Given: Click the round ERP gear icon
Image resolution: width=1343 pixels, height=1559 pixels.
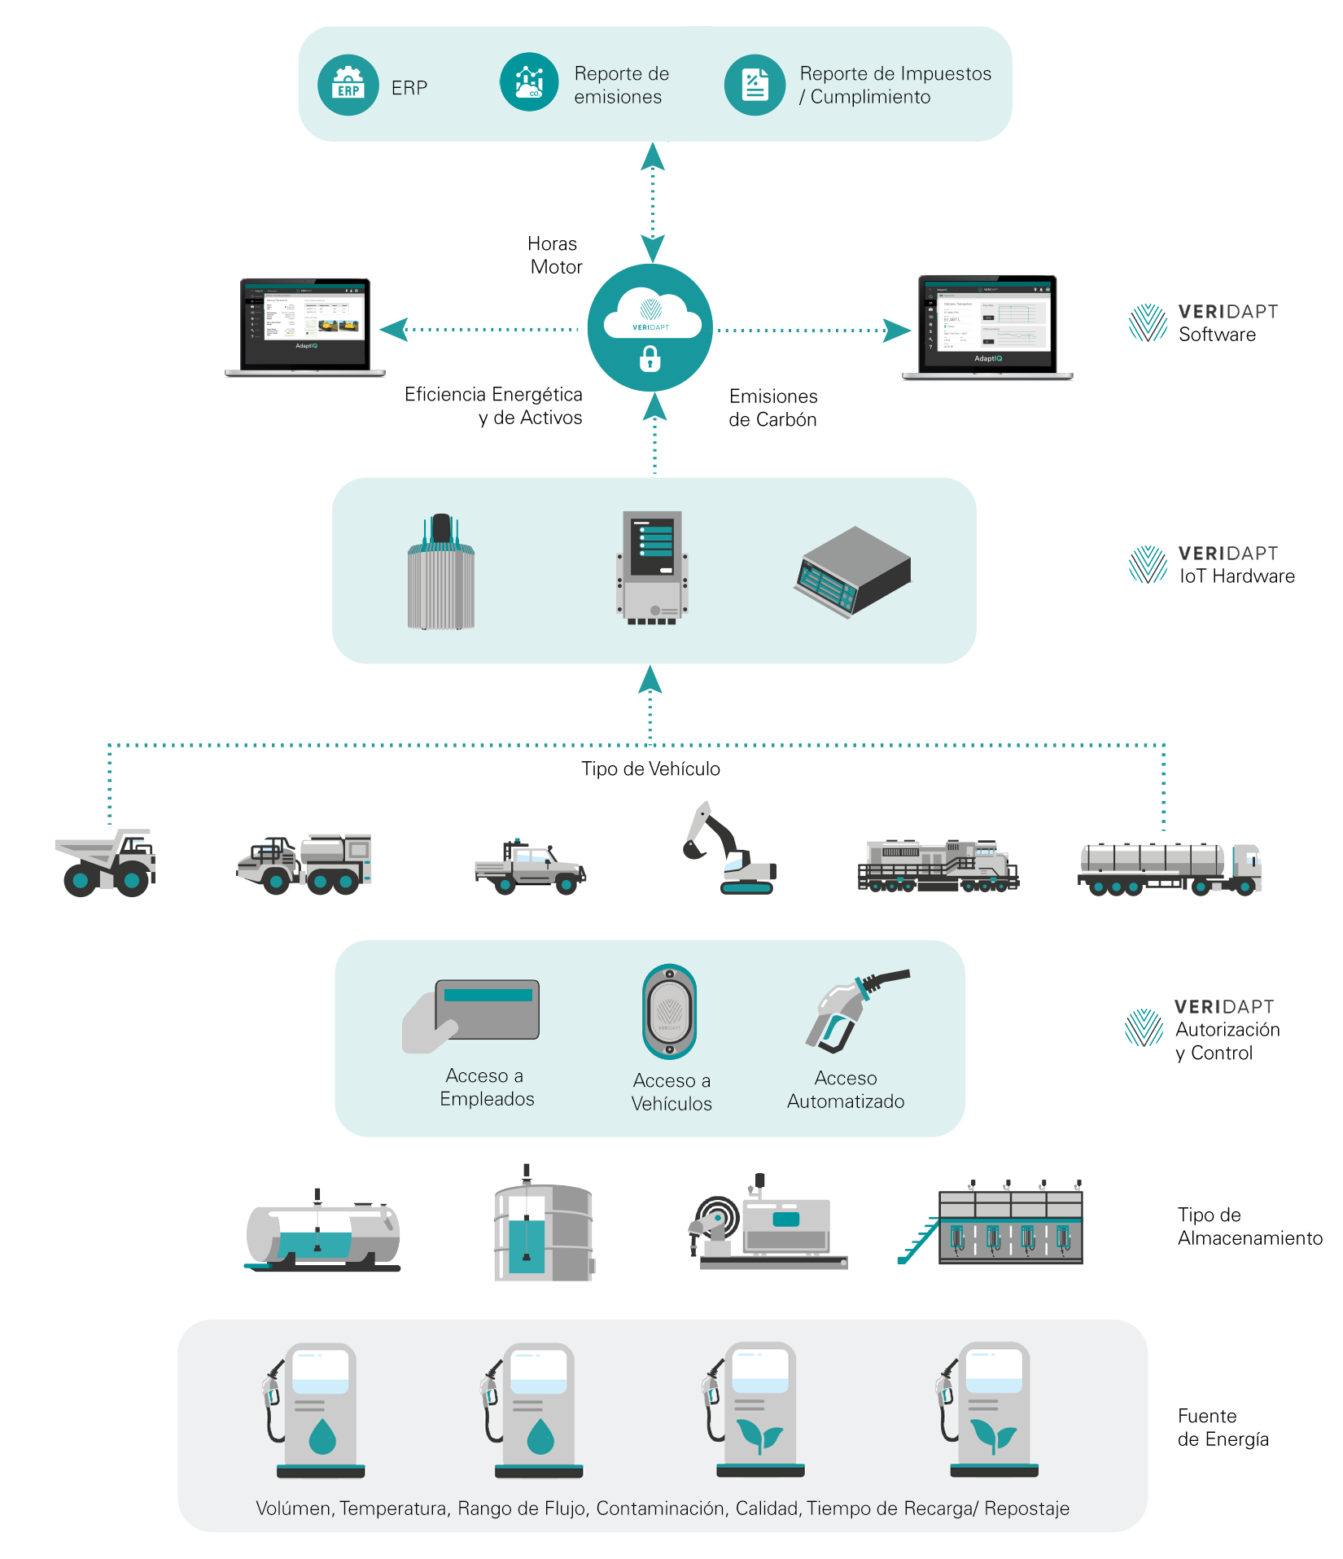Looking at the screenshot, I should [348, 85].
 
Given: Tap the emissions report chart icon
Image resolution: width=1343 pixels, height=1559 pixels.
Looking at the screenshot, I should [529, 82].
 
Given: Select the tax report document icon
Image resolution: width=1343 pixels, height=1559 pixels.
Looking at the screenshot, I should [755, 85].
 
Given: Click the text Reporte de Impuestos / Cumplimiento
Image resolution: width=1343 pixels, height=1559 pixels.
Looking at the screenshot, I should [895, 85].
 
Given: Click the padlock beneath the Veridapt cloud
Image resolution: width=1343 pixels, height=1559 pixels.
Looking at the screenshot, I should [650, 358].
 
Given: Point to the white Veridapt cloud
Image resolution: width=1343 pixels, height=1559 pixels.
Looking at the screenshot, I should [651, 313].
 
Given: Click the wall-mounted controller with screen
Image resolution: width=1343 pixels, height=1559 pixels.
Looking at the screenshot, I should [653, 567].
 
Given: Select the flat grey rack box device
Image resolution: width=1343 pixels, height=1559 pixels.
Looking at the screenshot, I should [853, 571].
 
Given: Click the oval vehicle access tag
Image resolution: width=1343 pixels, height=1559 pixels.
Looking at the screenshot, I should [669, 1011].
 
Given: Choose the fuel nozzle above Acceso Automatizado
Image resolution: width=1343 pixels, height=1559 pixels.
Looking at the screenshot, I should [851, 1009].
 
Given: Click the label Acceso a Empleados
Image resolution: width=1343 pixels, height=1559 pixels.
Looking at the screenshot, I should [487, 1088].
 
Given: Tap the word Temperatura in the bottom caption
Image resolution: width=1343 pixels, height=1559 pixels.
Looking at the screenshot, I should [394, 1509].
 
